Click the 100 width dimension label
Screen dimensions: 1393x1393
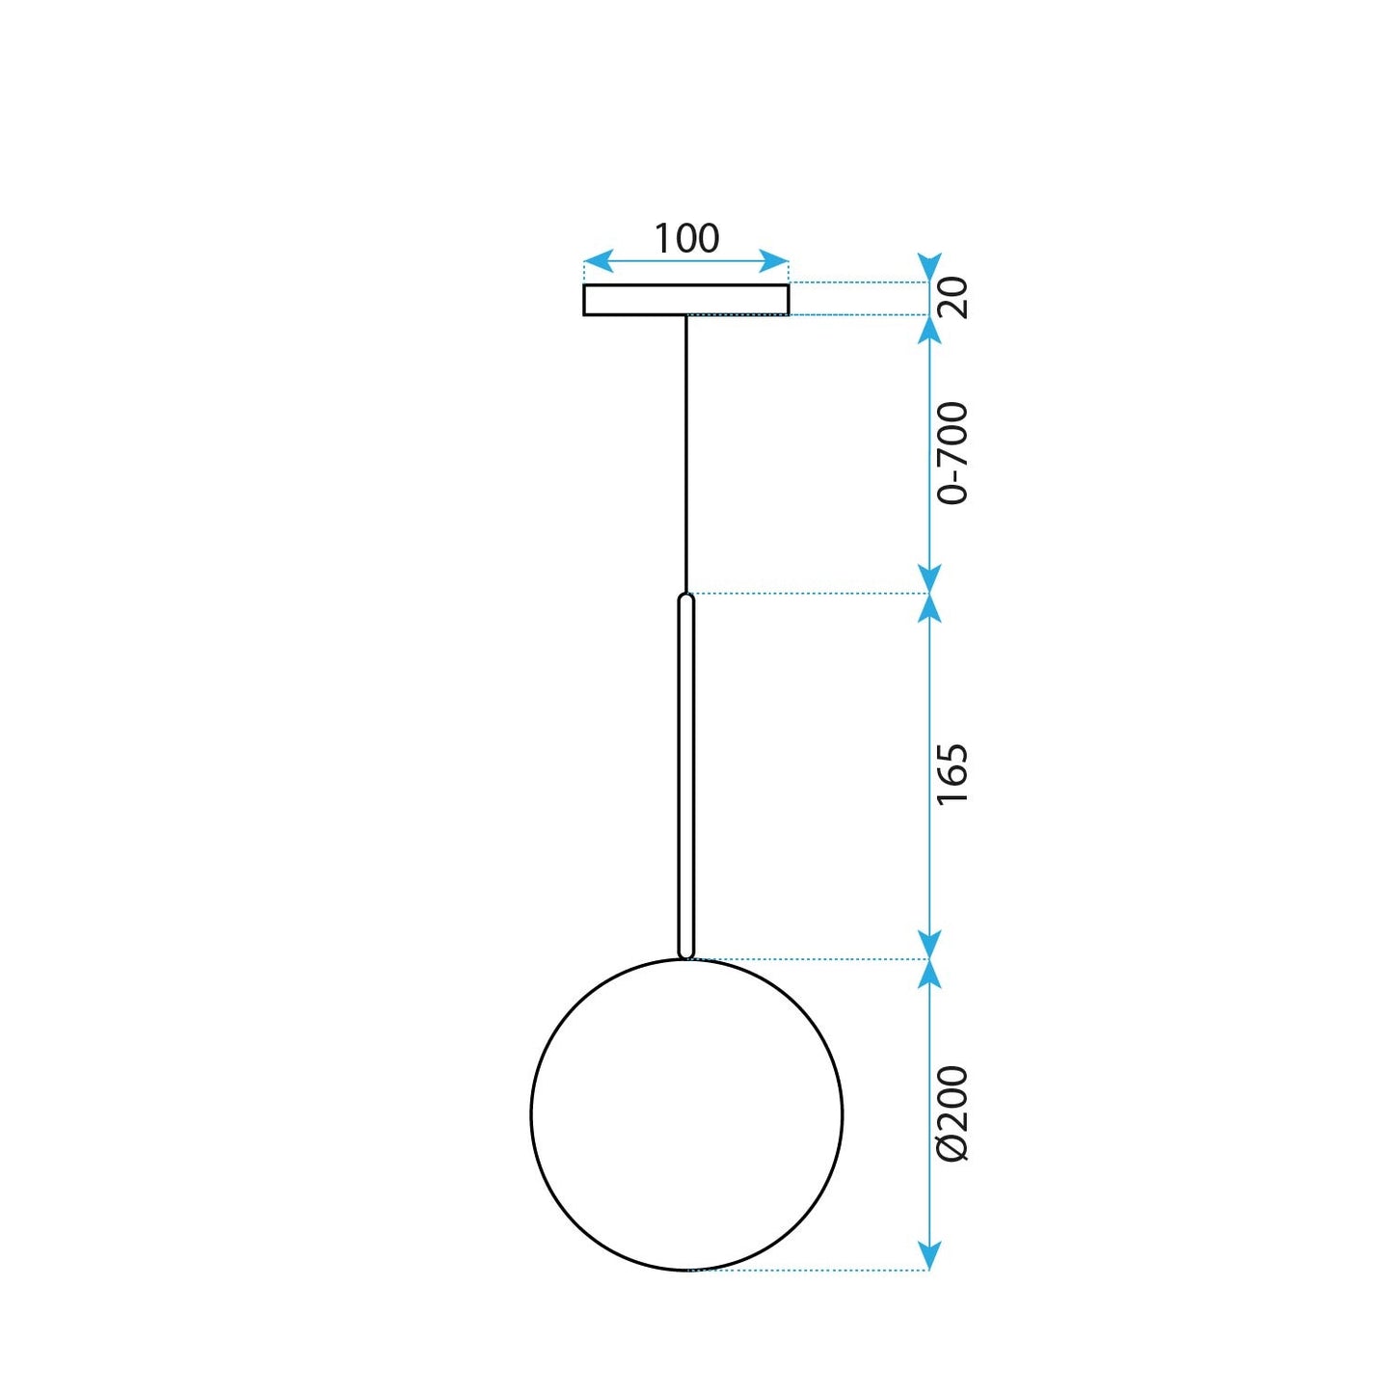point(686,238)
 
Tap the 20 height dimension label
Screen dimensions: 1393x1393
point(952,297)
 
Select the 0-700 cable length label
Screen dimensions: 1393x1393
point(952,453)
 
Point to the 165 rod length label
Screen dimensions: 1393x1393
point(952,774)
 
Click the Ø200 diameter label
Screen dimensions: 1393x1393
point(952,1113)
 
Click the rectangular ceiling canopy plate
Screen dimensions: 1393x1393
point(686,300)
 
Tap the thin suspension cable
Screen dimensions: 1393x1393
point(686,453)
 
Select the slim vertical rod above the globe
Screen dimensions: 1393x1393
point(686,776)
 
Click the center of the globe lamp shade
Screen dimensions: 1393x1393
point(686,1114)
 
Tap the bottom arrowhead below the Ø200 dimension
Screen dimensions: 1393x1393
point(928,1256)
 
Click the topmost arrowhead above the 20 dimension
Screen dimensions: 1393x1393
point(928,267)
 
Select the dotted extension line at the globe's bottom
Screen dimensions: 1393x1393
point(810,1271)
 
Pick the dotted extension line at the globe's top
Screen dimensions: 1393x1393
point(810,959)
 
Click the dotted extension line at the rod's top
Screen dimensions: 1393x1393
point(810,594)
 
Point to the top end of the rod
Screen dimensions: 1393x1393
point(686,598)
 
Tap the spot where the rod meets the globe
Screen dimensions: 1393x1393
point(686,957)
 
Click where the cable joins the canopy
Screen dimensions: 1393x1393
point(686,316)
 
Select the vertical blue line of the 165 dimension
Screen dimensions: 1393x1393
point(928,675)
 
